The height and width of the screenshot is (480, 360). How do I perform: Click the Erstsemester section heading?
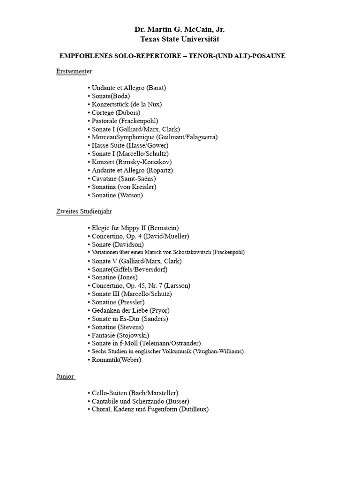click(74, 71)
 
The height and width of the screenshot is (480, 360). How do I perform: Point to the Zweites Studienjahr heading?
click(84, 211)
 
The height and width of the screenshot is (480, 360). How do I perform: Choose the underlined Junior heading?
click(65, 376)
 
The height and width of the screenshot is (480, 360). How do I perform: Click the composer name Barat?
click(156, 88)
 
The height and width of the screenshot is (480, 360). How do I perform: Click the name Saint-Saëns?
click(139, 178)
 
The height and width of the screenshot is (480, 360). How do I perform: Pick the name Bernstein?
click(163, 228)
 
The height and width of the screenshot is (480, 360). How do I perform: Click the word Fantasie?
click(104, 335)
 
